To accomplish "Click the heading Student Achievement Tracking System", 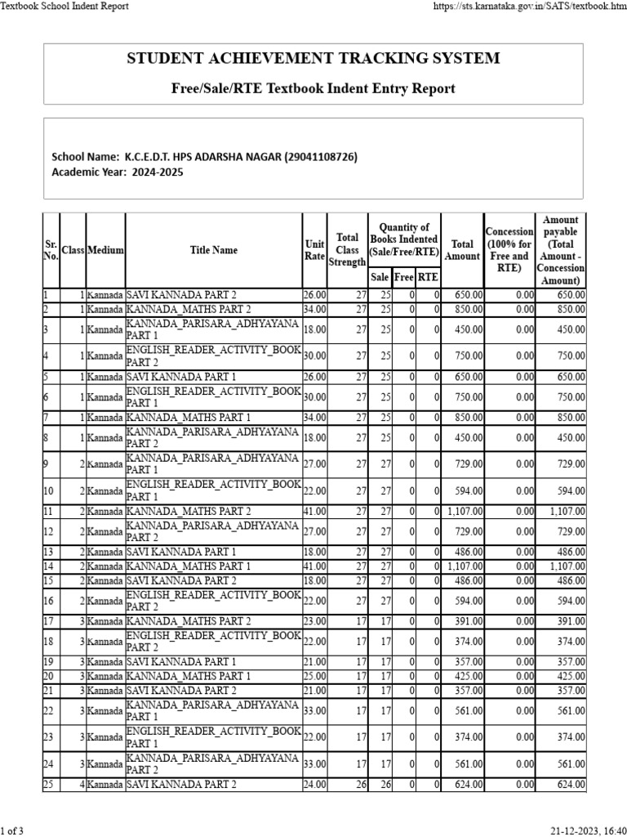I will pyautogui.click(x=313, y=59).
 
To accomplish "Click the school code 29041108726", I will pyautogui.click(x=309, y=157).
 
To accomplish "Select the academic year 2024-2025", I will pyautogui.click(x=155, y=172).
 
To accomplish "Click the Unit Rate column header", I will pyautogui.click(x=314, y=250).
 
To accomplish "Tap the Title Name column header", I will pyautogui.click(x=214, y=250).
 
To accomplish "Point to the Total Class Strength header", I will pyautogui.click(x=347, y=250).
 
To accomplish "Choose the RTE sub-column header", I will pyautogui.click(x=429, y=278).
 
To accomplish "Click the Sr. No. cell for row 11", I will pyautogui.click(x=51, y=511).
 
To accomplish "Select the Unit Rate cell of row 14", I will pyautogui.click(x=314, y=566).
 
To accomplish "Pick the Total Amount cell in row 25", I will pyautogui.click(x=463, y=785).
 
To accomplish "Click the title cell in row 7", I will pyautogui.click(x=214, y=418).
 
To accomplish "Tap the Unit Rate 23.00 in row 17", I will pyautogui.click(x=314, y=621).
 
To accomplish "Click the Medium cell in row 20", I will pyautogui.click(x=105, y=677).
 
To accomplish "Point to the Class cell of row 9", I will pyautogui.click(x=73, y=463).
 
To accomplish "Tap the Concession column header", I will pyautogui.click(x=509, y=250).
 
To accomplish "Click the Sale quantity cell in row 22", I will pyautogui.click(x=380, y=711).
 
